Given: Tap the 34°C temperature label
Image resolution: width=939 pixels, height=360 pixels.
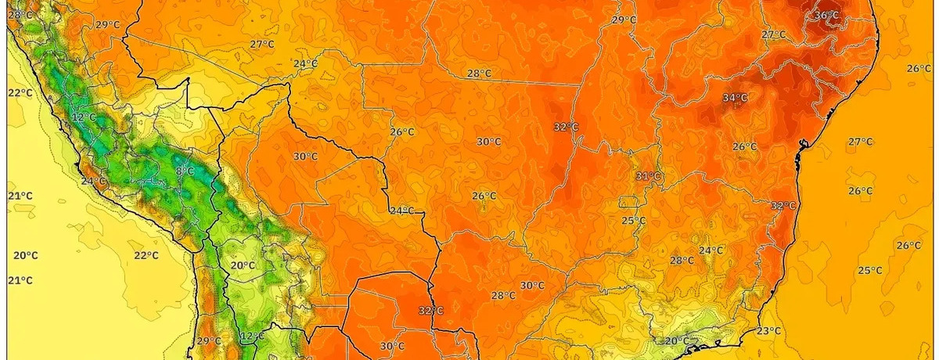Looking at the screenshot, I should coord(734,98).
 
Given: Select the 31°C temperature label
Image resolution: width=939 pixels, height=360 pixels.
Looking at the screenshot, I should coord(648,175).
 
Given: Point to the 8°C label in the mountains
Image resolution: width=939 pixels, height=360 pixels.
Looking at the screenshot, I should coord(185,171).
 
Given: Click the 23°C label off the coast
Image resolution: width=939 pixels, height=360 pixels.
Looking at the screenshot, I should coord(768,331).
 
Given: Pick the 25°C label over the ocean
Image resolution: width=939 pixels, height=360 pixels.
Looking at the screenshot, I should coord(869,271).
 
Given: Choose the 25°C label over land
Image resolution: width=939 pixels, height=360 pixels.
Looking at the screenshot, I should coord(633,221).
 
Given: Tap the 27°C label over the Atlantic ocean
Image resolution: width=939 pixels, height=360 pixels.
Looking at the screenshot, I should coord(860,142).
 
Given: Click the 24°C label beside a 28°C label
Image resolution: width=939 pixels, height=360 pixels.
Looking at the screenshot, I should coord(711,250).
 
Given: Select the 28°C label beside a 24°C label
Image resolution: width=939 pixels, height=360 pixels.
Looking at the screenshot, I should coord(681,261).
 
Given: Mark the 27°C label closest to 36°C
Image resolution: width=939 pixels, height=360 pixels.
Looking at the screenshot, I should coord(773,34).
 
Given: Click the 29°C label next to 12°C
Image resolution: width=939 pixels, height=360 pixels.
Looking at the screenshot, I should coord(208,341).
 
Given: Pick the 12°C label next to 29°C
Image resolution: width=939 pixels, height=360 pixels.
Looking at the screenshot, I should coord(251,337).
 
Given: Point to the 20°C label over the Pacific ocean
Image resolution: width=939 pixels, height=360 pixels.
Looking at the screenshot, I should coord(25,255).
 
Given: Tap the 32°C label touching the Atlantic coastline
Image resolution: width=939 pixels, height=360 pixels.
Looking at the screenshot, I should coord(782,206).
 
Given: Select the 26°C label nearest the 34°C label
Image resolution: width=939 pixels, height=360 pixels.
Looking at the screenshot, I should coord(744,146).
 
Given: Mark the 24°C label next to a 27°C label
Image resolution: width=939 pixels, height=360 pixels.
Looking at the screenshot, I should coord(304,63).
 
